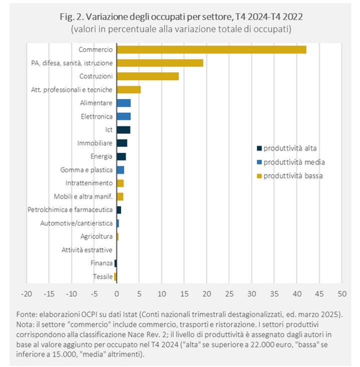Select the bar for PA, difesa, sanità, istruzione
[x=160, y=63]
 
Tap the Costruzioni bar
[x=148, y=76]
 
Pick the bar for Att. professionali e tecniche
[x=129, y=90]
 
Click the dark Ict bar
[x=123, y=130]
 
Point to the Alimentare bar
[x=124, y=103]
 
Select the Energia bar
[x=121, y=156]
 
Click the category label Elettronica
[x=97, y=116]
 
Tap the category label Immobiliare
[x=95, y=143]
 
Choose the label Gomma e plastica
[x=86, y=170]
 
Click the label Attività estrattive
[x=87, y=250]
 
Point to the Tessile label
[x=103, y=276]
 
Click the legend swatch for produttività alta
[x=259, y=148]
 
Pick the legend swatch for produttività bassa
[x=259, y=176]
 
